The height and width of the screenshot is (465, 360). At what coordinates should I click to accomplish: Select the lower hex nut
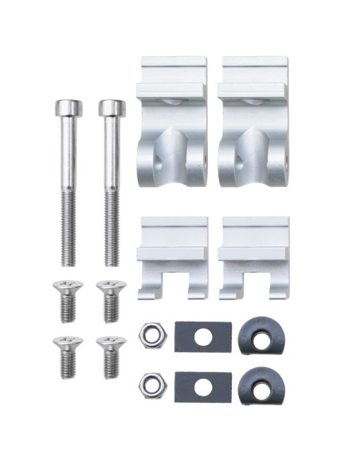(x=149, y=385)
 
